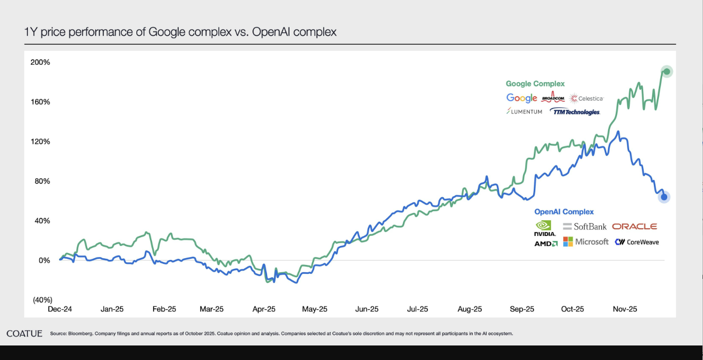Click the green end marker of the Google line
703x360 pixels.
667,71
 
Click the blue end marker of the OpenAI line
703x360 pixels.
664,197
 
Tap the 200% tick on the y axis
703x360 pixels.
40,62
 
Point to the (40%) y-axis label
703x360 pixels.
42,300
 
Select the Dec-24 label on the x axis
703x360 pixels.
60,309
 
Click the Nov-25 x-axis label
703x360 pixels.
625,309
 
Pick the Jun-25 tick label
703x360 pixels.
366,309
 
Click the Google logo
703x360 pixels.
521,98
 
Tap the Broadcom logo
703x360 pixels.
553,98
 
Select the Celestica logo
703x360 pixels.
586,98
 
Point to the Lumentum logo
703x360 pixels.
524,112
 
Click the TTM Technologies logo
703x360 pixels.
575,112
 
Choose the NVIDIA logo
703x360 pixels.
545,228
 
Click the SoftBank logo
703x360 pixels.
585,226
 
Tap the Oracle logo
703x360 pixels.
634,226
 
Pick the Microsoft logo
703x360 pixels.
586,241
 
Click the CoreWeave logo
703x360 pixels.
636,242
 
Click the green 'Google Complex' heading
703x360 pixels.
535,84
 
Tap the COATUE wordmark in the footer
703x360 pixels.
25,334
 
